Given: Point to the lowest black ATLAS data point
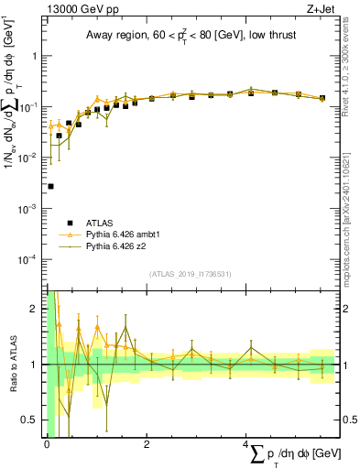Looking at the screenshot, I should point(50,186).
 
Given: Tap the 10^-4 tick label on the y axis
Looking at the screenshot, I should point(29,260).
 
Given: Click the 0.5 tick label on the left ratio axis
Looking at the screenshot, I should point(29,420).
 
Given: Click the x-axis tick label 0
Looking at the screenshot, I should point(47,444).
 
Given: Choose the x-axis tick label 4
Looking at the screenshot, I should point(246,444).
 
